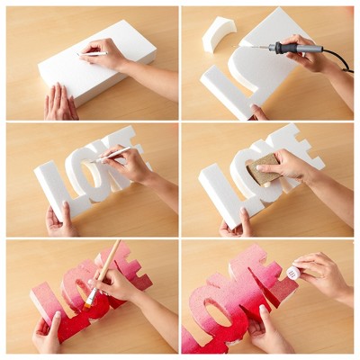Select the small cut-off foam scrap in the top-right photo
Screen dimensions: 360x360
(218, 34)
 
